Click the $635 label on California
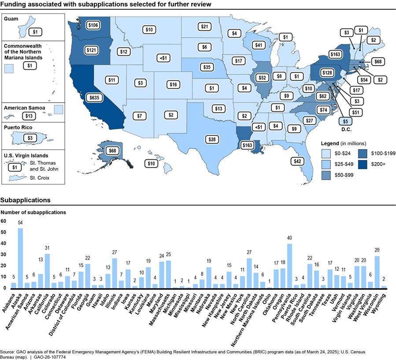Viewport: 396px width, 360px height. click(x=94, y=98)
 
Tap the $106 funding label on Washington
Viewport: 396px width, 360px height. click(x=93, y=25)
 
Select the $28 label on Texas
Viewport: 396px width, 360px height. click(x=212, y=139)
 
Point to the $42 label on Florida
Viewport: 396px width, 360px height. click(x=297, y=161)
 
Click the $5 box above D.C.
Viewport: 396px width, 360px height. click(x=345, y=121)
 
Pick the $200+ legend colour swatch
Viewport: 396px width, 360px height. click(x=363, y=164)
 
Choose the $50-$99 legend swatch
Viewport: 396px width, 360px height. click(x=326, y=175)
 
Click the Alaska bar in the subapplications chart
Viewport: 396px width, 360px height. click(x=20, y=258)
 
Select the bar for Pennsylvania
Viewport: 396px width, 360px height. click(x=289, y=266)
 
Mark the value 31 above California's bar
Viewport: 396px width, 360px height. click(x=47, y=248)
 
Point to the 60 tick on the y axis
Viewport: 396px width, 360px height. click(x=3, y=221)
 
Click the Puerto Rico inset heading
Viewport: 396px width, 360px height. click(x=18, y=127)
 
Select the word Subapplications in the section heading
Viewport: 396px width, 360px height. click(x=25, y=200)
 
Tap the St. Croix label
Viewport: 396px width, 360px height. click(x=39, y=178)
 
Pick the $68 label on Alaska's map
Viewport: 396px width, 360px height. click(x=112, y=151)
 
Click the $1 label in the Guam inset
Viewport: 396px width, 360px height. click(x=35, y=32)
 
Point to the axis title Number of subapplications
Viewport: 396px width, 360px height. click(x=33, y=213)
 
